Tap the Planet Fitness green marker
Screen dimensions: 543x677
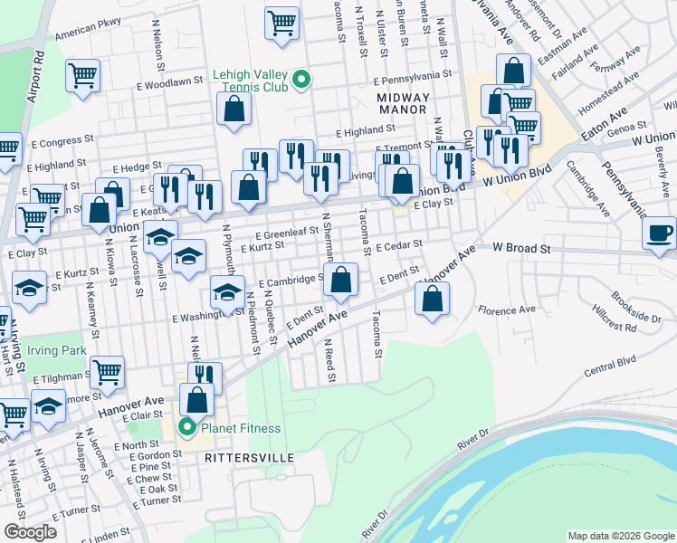click(x=187, y=428)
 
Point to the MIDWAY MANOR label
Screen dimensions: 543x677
click(x=402, y=102)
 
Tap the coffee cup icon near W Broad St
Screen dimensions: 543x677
click(x=659, y=232)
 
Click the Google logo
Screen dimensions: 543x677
click(x=31, y=532)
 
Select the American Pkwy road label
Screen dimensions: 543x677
click(x=88, y=36)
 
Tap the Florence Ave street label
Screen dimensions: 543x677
click(x=507, y=310)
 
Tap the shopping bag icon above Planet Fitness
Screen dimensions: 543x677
click(x=197, y=399)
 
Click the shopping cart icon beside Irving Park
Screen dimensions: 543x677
click(x=107, y=371)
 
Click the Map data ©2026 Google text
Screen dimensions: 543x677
click(x=620, y=534)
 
